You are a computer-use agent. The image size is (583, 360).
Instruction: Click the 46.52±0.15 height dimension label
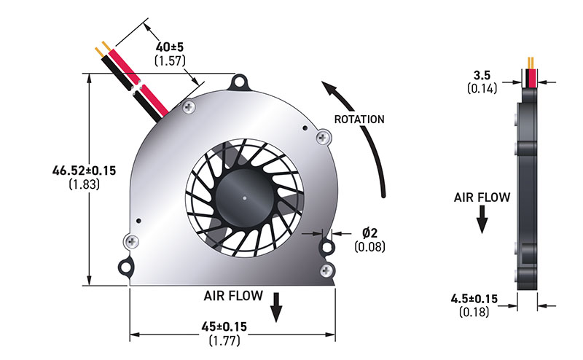click(x=84, y=171)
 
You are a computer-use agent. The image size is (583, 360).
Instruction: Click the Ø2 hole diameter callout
click(x=370, y=232)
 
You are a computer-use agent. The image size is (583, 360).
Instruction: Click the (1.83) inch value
click(x=84, y=185)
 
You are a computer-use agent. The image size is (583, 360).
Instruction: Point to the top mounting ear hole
click(x=239, y=79)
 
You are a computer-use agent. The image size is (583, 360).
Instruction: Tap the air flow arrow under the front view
click(x=276, y=307)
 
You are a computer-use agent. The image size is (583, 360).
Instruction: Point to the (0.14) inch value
click(x=481, y=89)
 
